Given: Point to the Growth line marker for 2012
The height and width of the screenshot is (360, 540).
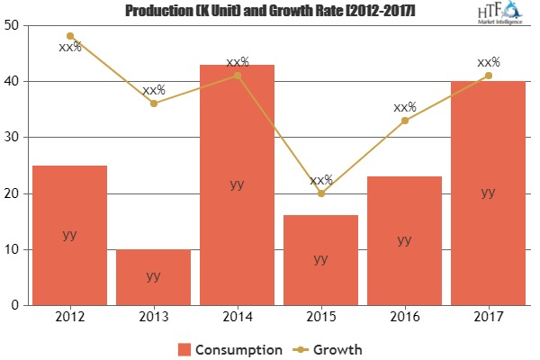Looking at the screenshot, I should pos(69,36).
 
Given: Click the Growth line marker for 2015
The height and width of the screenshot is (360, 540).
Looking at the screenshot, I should pos(321,193).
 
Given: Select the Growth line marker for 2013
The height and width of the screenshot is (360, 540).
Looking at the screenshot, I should pos(154,103).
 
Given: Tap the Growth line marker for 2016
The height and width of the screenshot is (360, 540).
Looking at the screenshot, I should pos(405,121).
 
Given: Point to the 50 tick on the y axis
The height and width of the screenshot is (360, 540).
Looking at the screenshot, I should pos(13,25).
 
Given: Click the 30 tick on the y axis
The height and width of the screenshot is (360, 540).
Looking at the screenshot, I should pos(13,138).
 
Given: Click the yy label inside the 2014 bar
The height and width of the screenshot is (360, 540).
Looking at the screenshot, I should pos(238,184).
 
